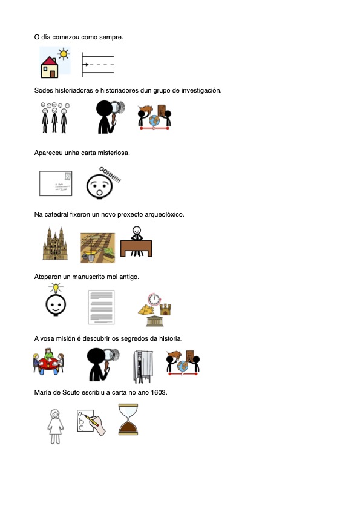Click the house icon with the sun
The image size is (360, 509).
point(54,62)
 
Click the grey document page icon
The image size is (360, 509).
point(101,306)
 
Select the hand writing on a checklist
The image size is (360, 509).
point(91,421)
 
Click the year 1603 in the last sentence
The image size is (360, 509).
point(158,393)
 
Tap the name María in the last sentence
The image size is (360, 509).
point(44,393)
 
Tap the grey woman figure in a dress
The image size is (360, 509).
point(55,425)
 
